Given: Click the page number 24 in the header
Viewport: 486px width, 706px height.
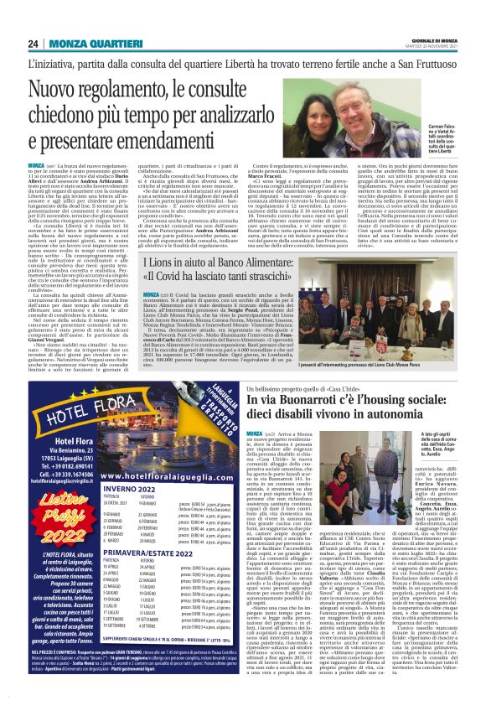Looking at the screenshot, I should point(34,43).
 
